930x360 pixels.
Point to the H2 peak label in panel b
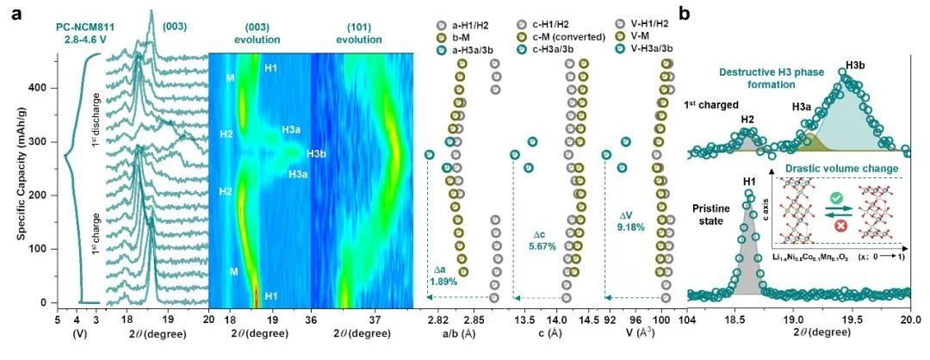click(748, 120)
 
